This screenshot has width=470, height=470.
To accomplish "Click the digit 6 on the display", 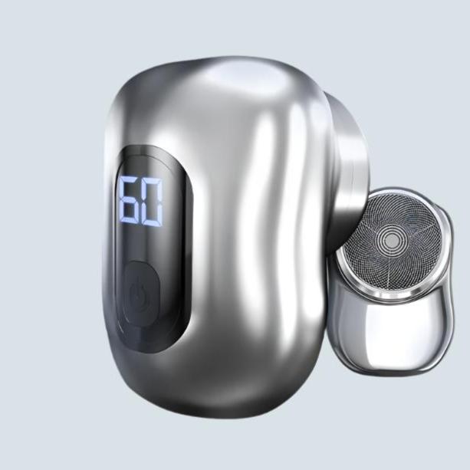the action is coord(130,200).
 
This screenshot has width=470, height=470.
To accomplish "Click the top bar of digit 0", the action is coord(153,182).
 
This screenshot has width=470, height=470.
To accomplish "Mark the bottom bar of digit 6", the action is coord(130,222).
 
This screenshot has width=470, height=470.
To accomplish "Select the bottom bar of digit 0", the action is coord(151,223).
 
